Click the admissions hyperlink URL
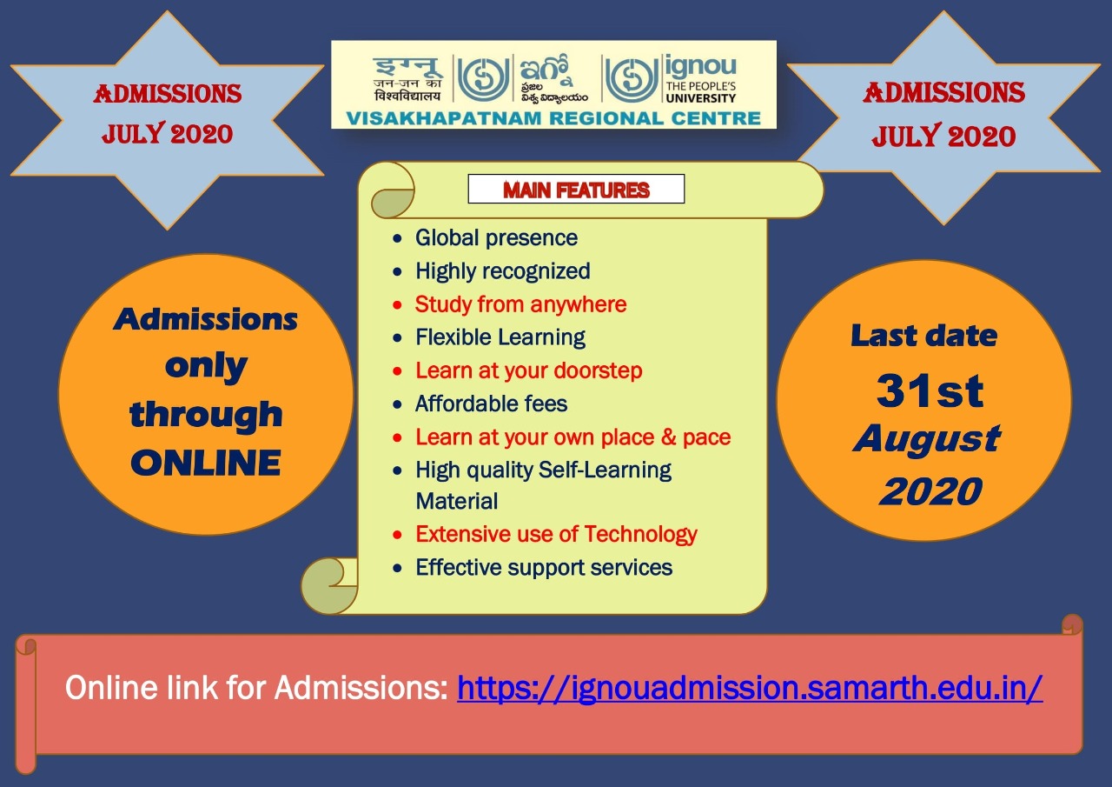point(750,689)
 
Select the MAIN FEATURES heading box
point(576,189)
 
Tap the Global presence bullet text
point(496,237)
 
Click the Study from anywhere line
point(520,304)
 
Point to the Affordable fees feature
point(491,404)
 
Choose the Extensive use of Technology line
point(556,535)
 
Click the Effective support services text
point(544,567)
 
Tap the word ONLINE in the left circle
point(206,463)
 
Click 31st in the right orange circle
point(930,390)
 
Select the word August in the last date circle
point(926,439)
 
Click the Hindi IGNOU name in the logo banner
point(407,79)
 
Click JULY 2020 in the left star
point(168,134)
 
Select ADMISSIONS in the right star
point(943,93)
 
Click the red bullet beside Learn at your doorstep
point(397,371)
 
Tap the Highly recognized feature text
point(503,271)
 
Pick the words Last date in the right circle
point(923,336)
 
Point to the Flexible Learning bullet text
point(500,337)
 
